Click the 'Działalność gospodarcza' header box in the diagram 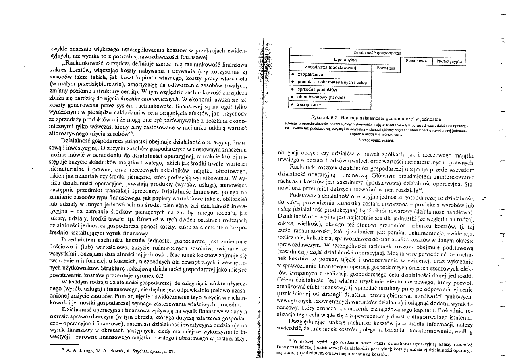click(x=377, y=53)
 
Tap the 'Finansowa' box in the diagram click(x=416, y=61)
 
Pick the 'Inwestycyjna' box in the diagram click(x=448, y=61)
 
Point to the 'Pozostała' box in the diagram click(x=385, y=69)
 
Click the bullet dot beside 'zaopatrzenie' click(x=292, y=75)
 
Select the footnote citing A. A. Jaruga click(x=117, y=351)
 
